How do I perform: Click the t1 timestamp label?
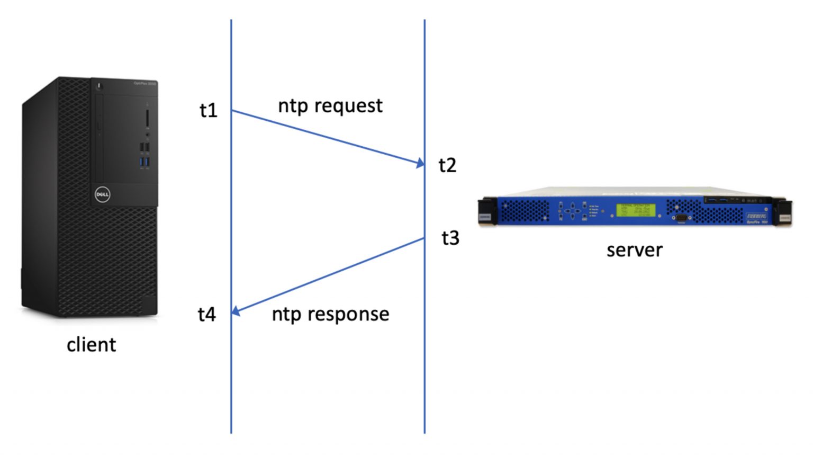point(209,110)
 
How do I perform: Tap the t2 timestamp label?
point(447,165)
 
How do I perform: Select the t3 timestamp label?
point(450,238)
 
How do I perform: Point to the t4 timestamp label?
point(207,314)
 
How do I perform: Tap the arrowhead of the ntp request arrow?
point(420,163)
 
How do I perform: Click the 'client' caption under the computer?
point(91,345)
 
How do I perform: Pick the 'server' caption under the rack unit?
point(634,250)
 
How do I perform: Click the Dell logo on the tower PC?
point(102,194)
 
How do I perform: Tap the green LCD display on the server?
point(636,210)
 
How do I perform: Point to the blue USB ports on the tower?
point(144,162)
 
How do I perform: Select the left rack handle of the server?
point(487,212)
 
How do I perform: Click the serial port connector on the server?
point(681,217)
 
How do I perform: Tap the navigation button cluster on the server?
point(572,211)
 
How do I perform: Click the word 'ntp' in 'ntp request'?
point(293,106)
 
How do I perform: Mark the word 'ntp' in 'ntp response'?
point(286,314)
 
